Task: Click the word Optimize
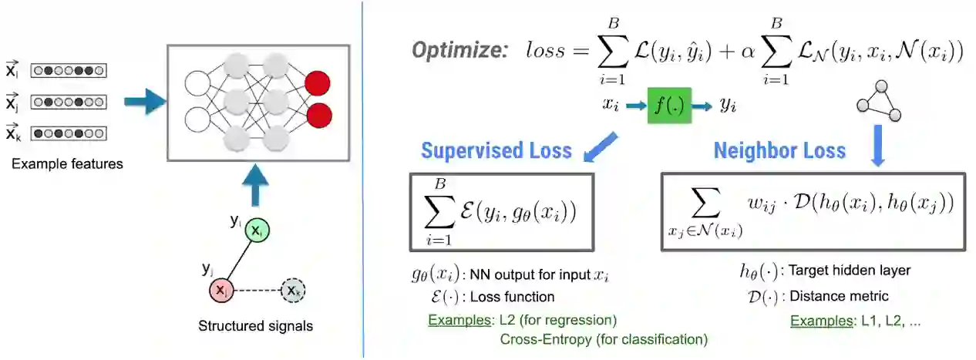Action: tap(460, 51)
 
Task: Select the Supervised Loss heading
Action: tap(496, 150)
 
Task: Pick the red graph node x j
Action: tap(221, 291)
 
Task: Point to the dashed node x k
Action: tap(292, 291)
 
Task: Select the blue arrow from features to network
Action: tap(144, 102)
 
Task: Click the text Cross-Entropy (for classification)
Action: tap(604, 338)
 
